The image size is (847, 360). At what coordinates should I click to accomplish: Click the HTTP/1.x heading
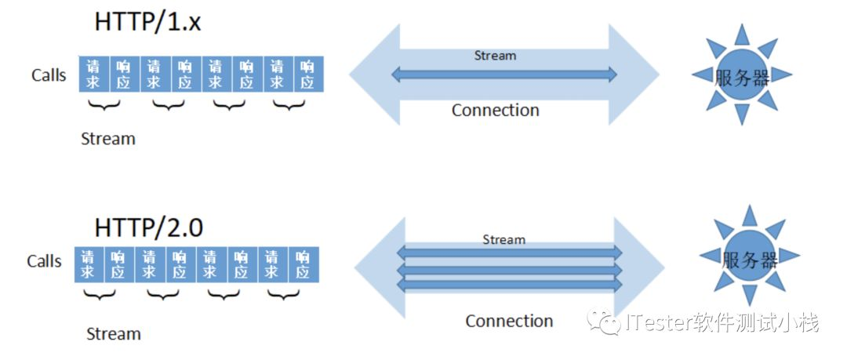tap(147, 23)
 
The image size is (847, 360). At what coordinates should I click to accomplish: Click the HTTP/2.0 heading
tap(148, 227)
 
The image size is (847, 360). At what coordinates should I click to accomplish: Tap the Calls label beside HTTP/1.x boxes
tap(49, 75)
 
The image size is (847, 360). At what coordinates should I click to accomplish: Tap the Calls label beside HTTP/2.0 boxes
tap(44, 261)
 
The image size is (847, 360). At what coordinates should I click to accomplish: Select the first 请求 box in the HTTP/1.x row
tap(94, 74)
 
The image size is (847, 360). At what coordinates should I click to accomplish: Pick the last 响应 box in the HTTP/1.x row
tap(308, 74)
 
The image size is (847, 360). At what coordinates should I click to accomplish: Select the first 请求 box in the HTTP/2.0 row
tap(89, 264)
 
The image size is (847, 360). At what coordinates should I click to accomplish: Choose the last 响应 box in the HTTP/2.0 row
tap(304, 264)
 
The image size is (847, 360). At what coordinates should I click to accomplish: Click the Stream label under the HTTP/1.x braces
tap(108, 139)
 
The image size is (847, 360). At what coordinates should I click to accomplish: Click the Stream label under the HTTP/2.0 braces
tap(114, 333)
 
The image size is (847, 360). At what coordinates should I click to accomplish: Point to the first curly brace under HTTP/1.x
tap(104, 104)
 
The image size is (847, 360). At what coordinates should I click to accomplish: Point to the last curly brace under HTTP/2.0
tap(284, 295)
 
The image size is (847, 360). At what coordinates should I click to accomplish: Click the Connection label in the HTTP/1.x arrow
tap(496, 111)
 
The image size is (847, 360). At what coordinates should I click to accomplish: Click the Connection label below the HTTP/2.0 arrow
tap(509, 321)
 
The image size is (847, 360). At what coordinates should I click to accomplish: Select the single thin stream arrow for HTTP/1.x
tap(504, 75)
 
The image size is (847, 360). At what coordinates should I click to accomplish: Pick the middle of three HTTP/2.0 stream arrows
tap(510, 269)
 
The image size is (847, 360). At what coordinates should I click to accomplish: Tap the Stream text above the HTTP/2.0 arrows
tap(503, 239)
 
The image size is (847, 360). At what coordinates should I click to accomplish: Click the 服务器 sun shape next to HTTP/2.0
tap(749, 256)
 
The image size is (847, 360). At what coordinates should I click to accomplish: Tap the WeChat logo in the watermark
tap(605, 322)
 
